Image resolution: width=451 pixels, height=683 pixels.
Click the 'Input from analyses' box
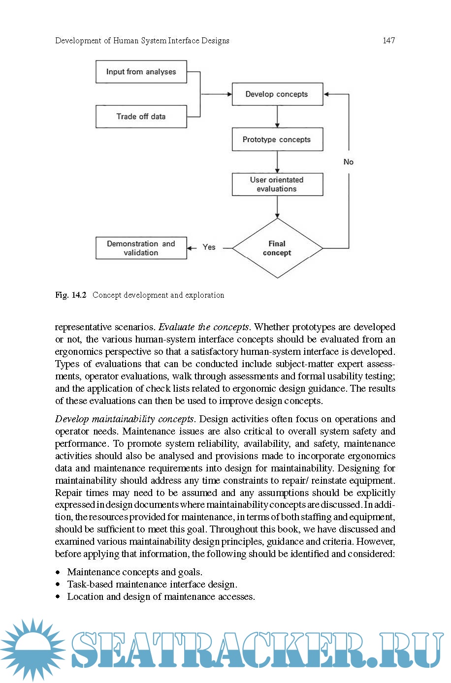pyautogui.click(x=141, y=72)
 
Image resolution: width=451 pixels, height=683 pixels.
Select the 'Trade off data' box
pyautogui.click(x=141, y=117)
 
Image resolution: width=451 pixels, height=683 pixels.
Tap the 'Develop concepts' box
pyautogui.click(x=277, y=94)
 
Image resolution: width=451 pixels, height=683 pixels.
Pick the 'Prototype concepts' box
pyautogui.click(x=277, y=139)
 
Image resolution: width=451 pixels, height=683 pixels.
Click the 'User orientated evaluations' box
pyautogui.click(x=277, y=184)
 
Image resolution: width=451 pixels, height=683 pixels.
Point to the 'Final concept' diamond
pyautogui.click(x=277, y=248)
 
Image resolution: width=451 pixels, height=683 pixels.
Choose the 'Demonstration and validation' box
pyautogui.click(x=141, y=248)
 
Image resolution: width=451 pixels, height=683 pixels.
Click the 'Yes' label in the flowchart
pyautogui.click(x=209, y=247)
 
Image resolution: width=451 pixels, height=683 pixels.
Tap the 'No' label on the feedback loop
pyautogui.click(x=349, y=162)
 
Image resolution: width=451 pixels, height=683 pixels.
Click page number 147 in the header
pyautogui.click(x=389, y=40)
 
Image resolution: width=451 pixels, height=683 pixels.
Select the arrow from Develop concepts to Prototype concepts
pyautogui.click(x=277, y=117)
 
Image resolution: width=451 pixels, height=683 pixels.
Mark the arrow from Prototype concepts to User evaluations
pyautogui.click(x=277, y=162)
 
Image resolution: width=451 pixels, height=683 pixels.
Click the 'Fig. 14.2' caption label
pyautogui.click(x=71, y=295)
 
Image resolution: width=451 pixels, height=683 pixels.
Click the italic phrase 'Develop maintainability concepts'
pyautogui.click(x=124, y=419)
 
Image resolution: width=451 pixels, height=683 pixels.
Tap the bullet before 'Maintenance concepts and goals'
pyautogui.click(x=58, y=572)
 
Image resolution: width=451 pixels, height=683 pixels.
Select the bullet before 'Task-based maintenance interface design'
pyautogui.click(x=58, y=585)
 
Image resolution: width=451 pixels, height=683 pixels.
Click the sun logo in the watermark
pyautogui.click(x=32, y=650)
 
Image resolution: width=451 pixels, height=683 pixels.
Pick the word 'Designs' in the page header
pyautogui.click(x=215, y=40)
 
